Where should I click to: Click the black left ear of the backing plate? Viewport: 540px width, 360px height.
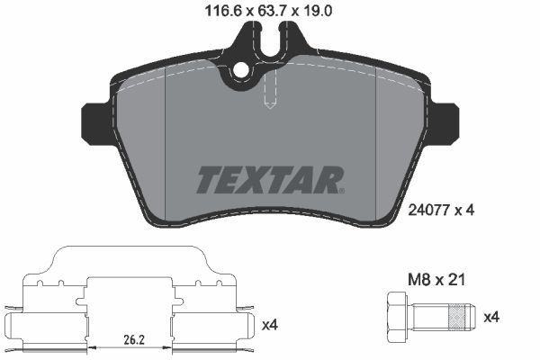pos(94,118)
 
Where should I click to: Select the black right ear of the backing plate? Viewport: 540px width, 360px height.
pos(446,118)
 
